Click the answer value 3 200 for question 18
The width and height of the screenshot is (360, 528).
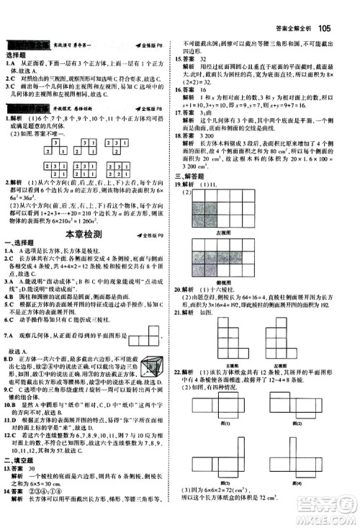point(213,135)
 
